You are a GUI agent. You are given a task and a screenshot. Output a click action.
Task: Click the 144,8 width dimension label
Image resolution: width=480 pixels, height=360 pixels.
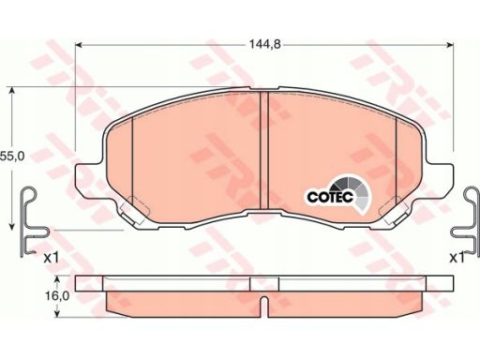[265, 45]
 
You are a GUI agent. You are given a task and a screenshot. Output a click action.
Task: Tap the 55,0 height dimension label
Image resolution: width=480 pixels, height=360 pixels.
[12, 157]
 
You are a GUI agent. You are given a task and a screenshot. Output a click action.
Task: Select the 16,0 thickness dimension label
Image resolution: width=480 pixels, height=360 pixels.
[57, 296]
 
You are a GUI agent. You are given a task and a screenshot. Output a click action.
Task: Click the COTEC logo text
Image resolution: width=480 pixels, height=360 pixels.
[330, 197]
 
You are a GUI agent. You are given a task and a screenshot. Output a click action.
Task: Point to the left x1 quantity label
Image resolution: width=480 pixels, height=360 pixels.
[52, 258]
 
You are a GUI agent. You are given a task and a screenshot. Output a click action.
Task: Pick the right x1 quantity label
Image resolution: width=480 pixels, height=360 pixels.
[457, 258]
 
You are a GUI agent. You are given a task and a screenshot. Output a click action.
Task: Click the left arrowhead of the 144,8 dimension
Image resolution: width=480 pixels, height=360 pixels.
[79, 45]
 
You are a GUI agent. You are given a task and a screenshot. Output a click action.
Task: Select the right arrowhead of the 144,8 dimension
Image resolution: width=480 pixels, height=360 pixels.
[450, 45]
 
